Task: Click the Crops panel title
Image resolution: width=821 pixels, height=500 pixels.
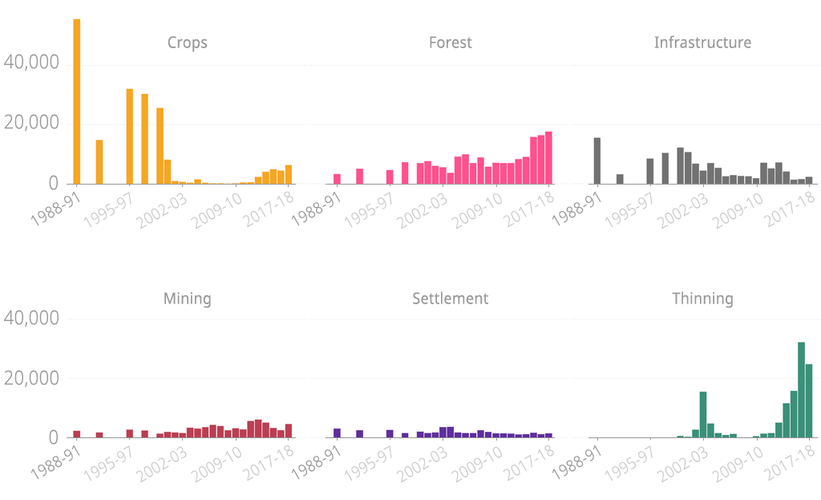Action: point(187,43)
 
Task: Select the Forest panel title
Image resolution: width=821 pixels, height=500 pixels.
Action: point(450,43)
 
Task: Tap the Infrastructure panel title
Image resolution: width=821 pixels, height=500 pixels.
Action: point(702,43)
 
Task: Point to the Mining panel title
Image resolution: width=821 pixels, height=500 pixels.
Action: point(187,299)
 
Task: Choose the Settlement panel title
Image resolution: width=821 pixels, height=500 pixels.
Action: point(450,299)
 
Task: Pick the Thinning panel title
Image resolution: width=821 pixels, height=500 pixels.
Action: point(702,299)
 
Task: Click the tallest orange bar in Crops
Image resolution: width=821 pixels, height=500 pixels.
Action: point(76,101)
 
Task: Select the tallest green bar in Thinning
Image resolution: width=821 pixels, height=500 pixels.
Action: point(801,390)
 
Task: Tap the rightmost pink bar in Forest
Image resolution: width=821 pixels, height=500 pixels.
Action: point(548,158)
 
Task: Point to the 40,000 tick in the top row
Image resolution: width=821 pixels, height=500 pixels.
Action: point(31,63)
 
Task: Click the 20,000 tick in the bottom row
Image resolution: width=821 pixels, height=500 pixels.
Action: point(31,378)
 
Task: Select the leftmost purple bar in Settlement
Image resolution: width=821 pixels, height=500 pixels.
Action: point(338,433)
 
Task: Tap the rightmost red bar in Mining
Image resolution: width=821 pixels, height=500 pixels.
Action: point(289,430)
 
